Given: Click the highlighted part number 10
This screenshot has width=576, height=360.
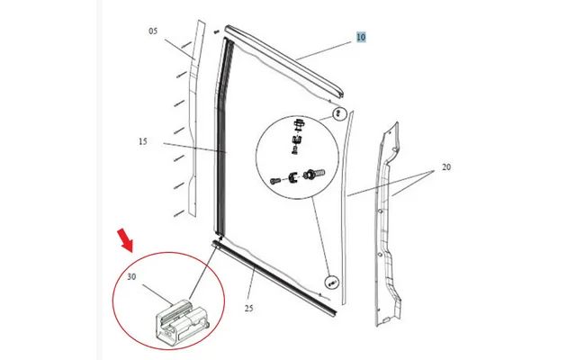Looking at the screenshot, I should click(361, 38).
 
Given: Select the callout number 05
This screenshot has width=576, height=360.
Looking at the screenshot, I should click(153, 31).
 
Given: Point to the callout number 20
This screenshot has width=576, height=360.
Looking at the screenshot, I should click(445, 167).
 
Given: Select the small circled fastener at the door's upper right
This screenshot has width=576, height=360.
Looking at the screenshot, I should click(339, 114).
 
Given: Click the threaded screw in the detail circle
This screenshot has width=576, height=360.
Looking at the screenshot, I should click(316, 171).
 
